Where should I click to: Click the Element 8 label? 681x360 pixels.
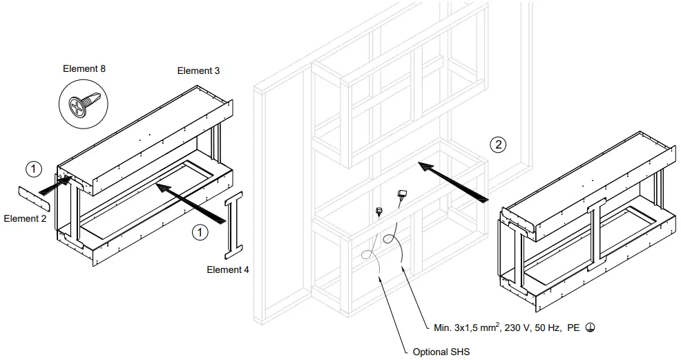point(84,68)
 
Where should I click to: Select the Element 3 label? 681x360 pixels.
point(198,70)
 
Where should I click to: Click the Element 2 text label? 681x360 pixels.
point(25,218)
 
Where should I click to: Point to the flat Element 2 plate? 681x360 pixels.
point(35,198)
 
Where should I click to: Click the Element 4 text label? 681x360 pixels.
point(227,269)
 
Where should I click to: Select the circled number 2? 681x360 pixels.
point(497,144)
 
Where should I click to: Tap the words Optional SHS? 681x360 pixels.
point(441,352)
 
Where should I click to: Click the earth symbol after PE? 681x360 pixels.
point(588,328)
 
